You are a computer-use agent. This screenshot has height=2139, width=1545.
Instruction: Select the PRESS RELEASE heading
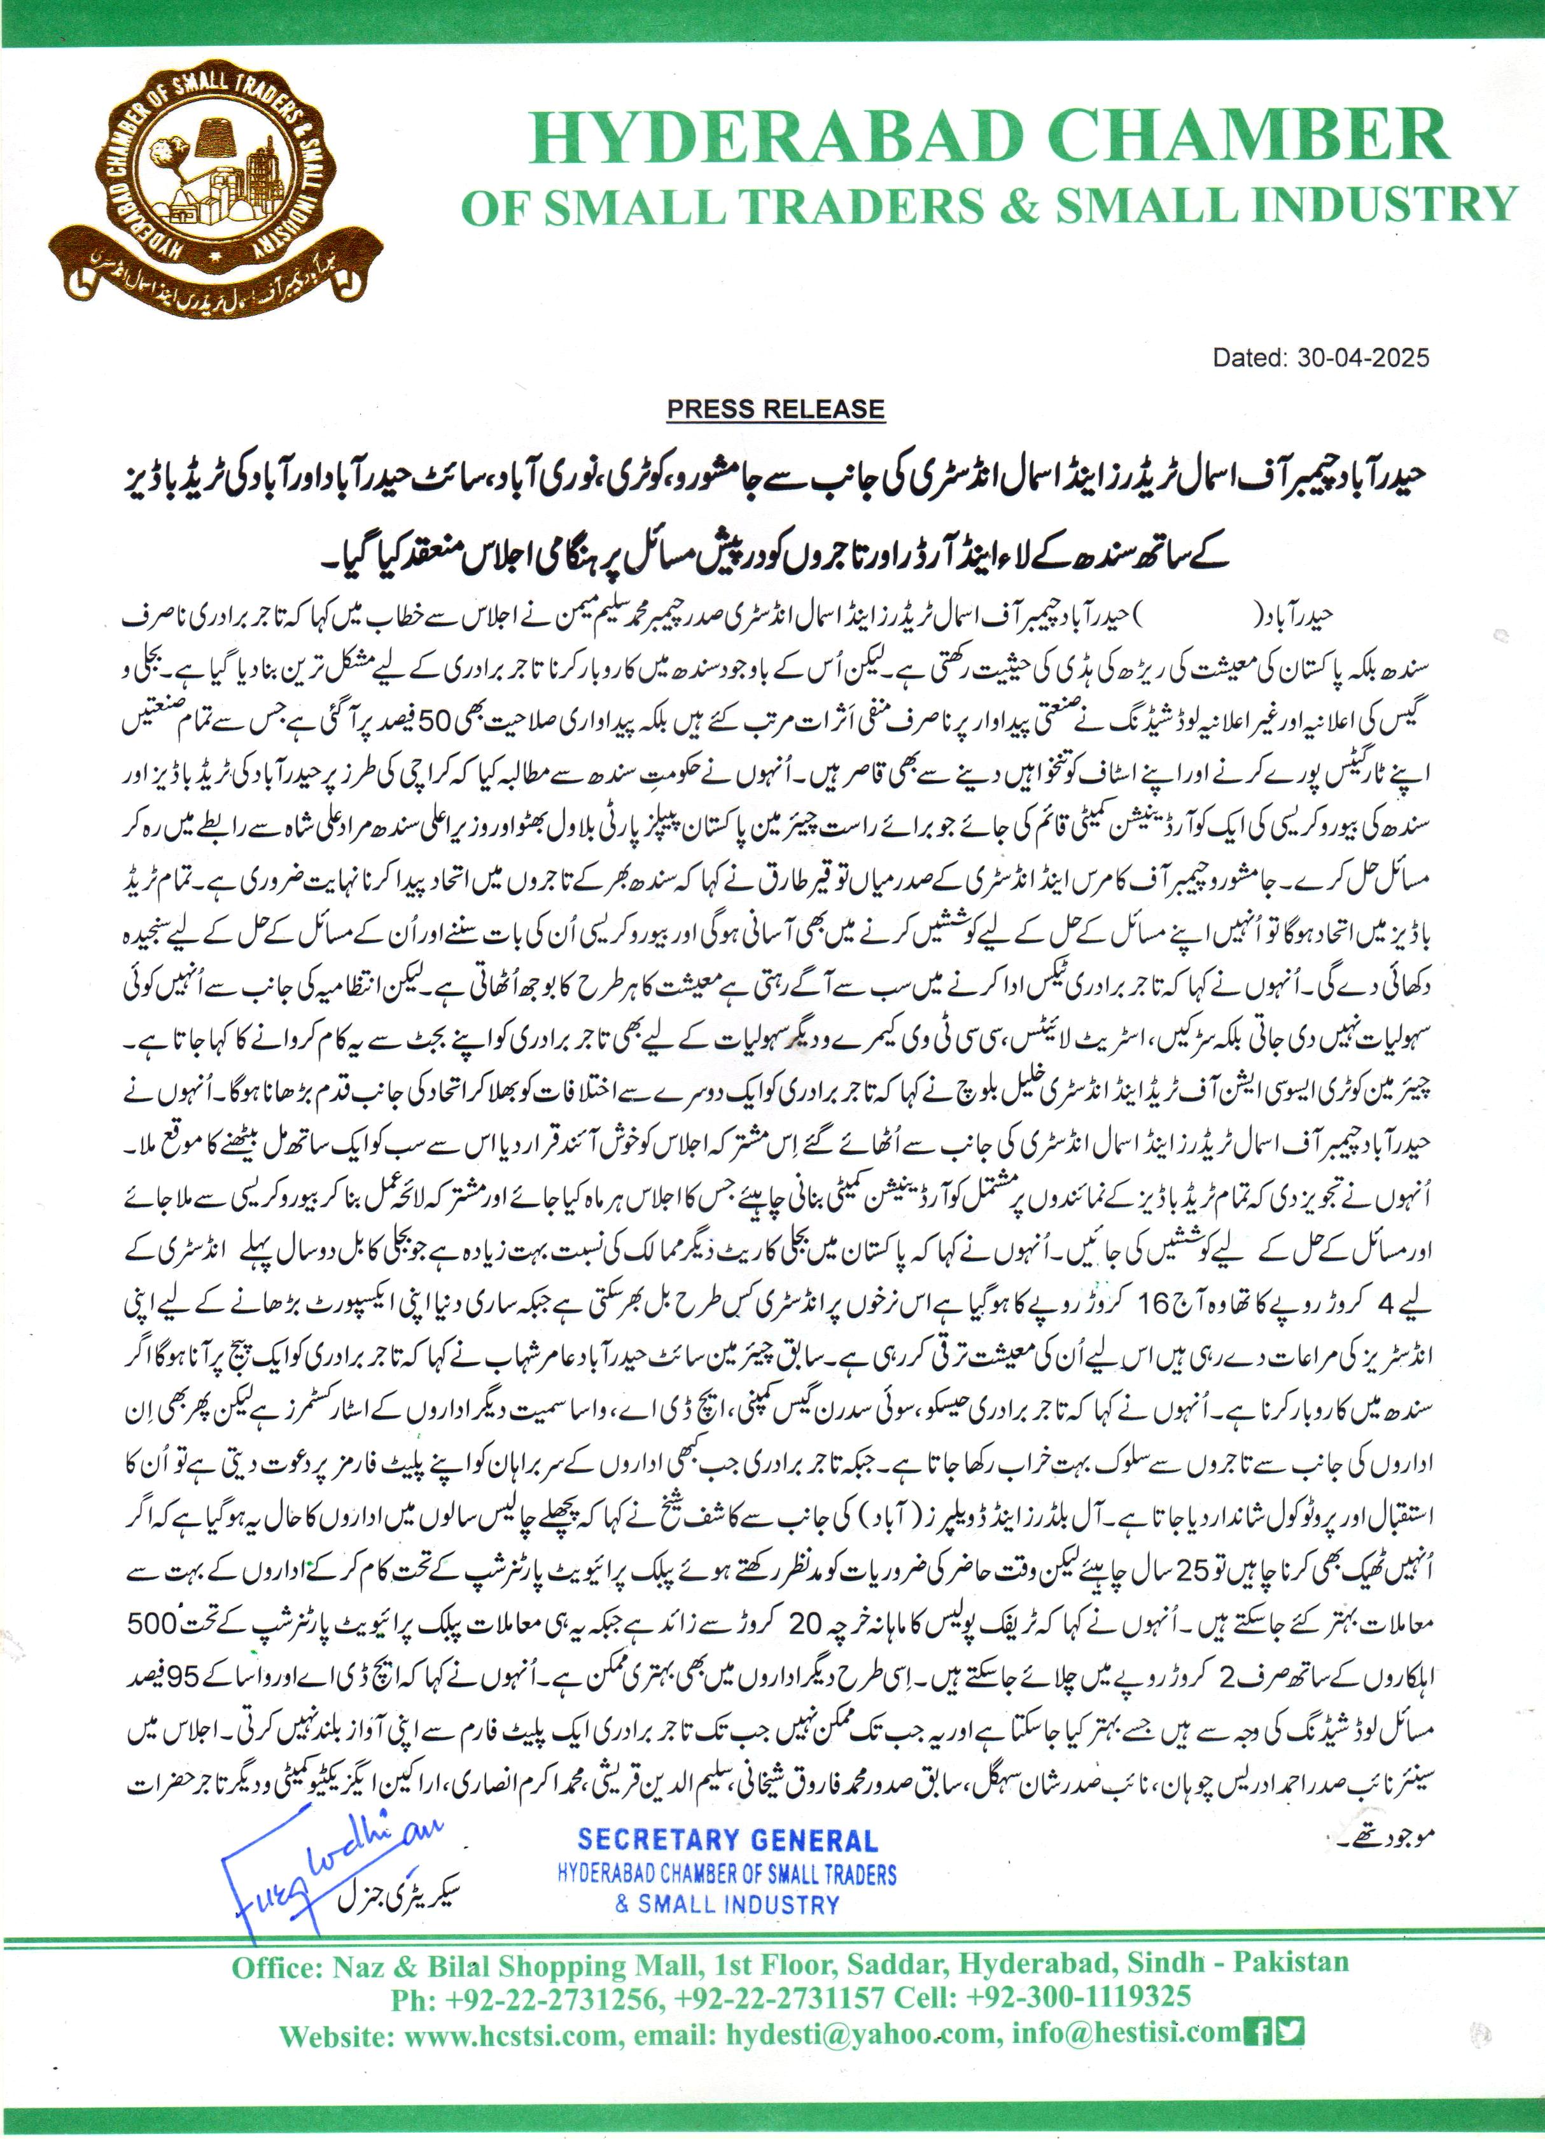pos(775,409)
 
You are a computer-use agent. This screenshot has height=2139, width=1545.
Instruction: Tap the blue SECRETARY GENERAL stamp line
pos(727,1840)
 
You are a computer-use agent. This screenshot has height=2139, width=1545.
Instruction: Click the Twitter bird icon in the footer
pos(1289,2027)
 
